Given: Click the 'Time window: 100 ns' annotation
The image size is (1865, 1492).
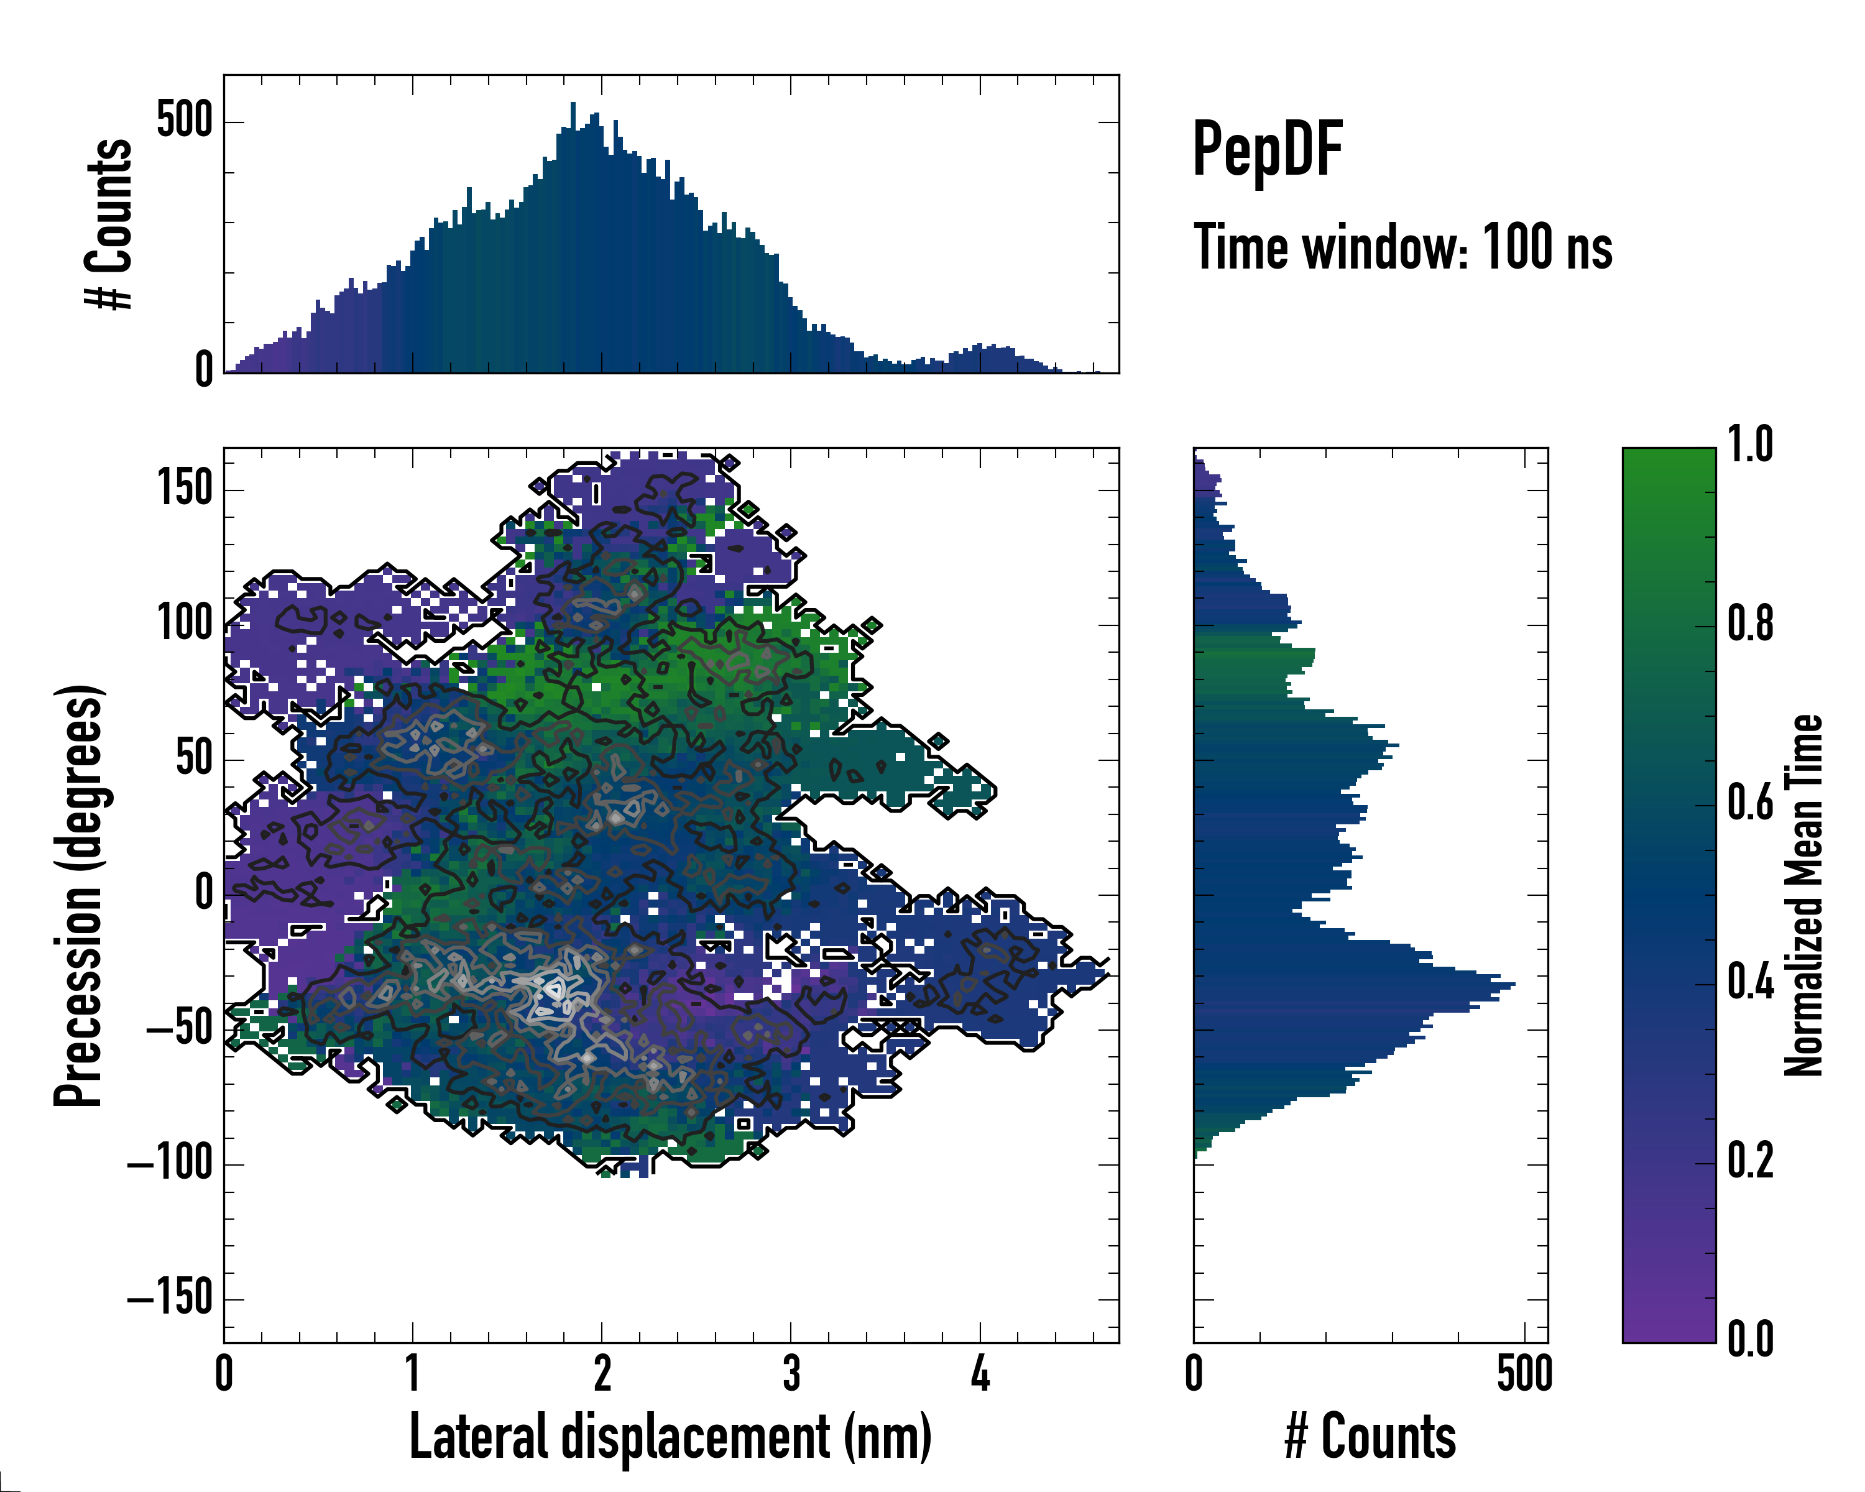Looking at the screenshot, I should click(x=1402, y=248).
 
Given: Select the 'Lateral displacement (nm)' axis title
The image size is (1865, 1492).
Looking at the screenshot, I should click(x=670, y=1437).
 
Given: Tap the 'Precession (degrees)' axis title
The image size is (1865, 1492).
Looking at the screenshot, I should click(x=80, y=895).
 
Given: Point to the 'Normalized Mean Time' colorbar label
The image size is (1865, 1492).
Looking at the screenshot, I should click(x=1803, y=895).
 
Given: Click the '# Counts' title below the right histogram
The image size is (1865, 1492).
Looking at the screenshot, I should click(x=1370, y=1437).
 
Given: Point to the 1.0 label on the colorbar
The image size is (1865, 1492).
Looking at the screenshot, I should click(x=1750, y=446).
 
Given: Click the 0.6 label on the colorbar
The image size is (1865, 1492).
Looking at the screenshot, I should click(x=1750, y=804).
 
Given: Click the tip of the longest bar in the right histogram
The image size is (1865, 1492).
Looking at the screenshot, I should click(x=1514, y=984).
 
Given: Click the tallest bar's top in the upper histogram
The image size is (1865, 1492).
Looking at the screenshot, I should click(x=573, y=104).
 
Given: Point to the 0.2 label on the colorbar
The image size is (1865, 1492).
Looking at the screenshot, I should click(x=1750, y=1161).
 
